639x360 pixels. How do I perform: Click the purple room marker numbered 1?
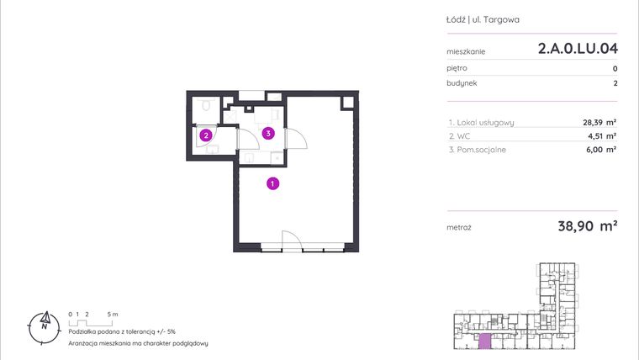point(273,183)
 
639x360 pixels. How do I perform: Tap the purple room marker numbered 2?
point(205,135)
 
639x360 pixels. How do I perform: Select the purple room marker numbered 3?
point(267,133)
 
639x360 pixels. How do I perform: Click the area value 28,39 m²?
point(599,122)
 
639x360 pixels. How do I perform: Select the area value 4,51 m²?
point(602,135)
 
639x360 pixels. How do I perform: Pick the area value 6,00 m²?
point(602,149)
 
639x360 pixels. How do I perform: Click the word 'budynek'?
point(462,83)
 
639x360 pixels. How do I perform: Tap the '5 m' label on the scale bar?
point(114,314)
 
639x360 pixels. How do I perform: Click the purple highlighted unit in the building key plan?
point(485,341)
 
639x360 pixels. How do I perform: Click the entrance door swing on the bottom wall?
point(287,240)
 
